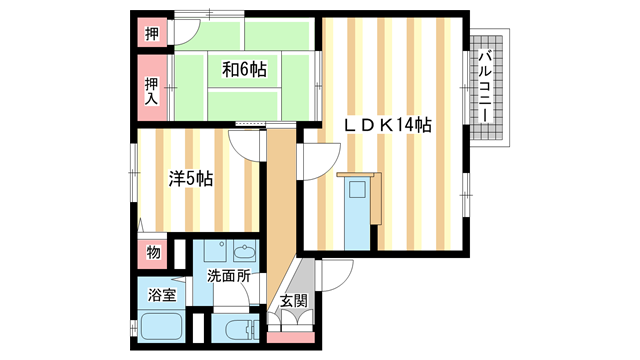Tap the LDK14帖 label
click(388, 126)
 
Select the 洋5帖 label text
click(190, 179)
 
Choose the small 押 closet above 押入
click(151, 33)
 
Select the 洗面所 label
click(228, 275)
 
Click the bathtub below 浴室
click(160, 328)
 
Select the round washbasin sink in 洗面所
click(244, 252)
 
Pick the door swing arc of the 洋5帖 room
click(245, 145)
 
